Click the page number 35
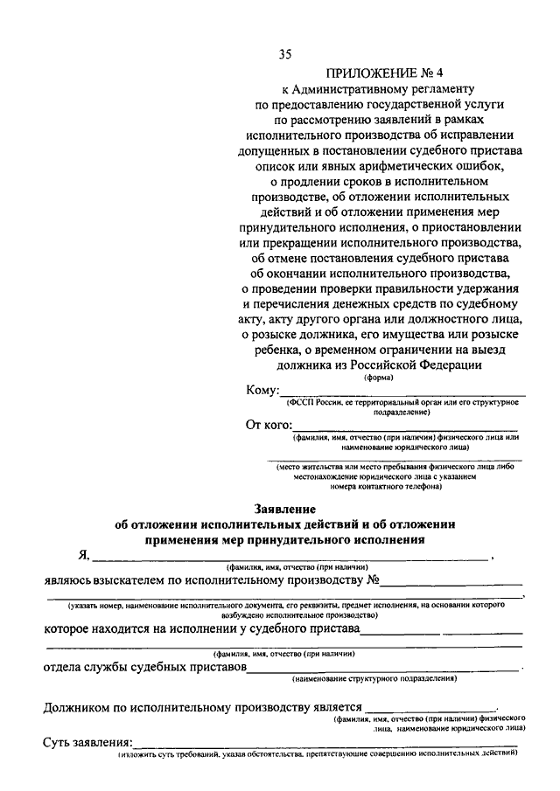(285, 54)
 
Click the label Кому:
(262, 390)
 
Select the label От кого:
(268, 426)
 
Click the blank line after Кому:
(402, 395)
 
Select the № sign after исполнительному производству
(372, 579)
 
